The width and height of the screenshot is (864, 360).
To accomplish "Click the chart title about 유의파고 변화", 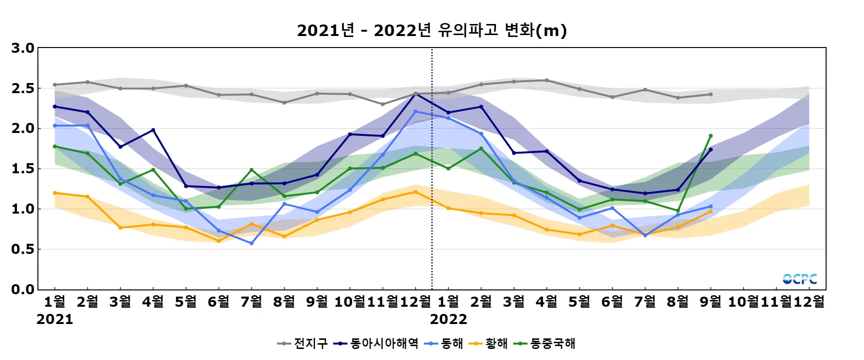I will coord(432,31).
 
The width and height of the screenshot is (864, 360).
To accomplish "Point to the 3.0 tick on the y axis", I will coord(23,48).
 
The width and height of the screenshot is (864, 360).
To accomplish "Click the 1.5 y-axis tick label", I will coord(23,169).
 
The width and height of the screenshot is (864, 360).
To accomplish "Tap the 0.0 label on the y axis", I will coord(23,289).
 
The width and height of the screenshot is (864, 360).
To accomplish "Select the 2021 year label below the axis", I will coord(55,319).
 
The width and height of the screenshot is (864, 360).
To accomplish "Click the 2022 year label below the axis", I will coord(448,319).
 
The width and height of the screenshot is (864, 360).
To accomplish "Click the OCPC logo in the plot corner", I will coord(800,279).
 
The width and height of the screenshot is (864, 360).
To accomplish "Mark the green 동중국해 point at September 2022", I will coord(711,136).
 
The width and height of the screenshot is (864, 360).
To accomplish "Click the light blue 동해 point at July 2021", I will coord(252,243).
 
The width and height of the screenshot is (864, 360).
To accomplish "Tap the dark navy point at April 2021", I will coord(153,130).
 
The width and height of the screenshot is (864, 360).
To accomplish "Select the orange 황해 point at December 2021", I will coord(416,192).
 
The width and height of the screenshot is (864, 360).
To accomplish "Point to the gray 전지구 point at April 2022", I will coord(547,80).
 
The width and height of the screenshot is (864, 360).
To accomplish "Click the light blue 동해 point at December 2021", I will coord(416,111).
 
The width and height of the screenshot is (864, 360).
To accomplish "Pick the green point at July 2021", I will coord(252,170).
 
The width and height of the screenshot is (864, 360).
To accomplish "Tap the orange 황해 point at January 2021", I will coord(55,193).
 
